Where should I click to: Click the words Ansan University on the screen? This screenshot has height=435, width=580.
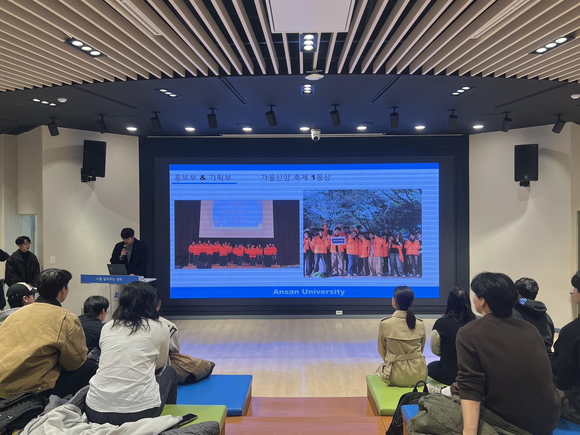coord(309,292)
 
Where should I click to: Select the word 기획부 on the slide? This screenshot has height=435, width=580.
coord(220,177)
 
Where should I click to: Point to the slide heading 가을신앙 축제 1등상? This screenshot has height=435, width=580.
coord(296,177)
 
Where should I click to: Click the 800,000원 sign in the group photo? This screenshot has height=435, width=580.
coord(338,241)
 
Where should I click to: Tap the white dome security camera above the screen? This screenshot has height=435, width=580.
coord(315,135)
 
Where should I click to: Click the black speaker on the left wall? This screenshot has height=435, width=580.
coord(94,159)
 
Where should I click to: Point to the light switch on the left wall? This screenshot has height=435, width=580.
coord(53,260)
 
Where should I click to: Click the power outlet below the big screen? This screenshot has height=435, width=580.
coord(339,312)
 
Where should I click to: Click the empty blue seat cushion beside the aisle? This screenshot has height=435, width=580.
coord(215,391)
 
